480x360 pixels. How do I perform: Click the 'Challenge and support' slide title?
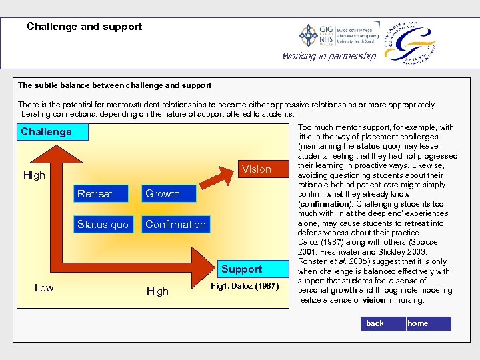[84, 27]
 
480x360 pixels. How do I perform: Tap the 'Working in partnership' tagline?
[329, 56]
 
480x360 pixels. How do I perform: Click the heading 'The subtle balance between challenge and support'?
[115, 85]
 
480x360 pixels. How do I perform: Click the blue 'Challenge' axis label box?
[46, 132]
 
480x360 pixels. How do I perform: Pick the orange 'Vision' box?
[257, 169]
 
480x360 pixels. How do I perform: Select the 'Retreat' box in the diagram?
[95, 194]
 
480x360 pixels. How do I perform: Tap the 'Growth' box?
[163, 194]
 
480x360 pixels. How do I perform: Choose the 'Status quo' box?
[103, 224]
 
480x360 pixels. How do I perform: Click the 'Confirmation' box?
[175, 224]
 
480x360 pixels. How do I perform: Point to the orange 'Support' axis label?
[241, 269]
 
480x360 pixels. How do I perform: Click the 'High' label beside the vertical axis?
[34, 175]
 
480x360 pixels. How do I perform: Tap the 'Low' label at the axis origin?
[44, 288]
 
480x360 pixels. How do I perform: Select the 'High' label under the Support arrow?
[157, 291]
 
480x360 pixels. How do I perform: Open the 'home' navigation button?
[428, 323]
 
